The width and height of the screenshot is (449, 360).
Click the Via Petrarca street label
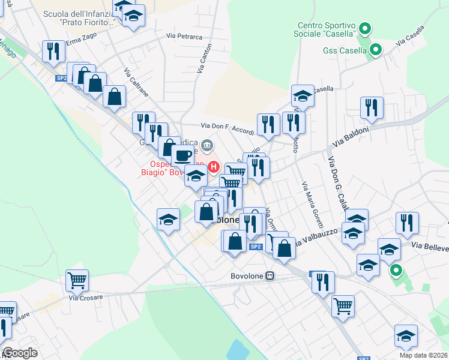(185, 37)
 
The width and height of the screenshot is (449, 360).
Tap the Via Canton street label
(205, 58)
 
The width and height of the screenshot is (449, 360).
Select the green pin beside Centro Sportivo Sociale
(364, 28)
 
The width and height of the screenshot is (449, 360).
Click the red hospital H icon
(214, 167)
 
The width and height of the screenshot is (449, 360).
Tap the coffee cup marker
(183, 155)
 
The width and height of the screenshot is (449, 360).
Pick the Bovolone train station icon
(270, 276)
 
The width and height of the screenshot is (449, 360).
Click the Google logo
(20, 353)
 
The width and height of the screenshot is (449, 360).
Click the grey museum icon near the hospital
(208, 145)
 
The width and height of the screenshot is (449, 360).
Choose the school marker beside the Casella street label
(303, 95)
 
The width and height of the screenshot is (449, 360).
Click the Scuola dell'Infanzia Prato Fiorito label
(79, 17)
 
